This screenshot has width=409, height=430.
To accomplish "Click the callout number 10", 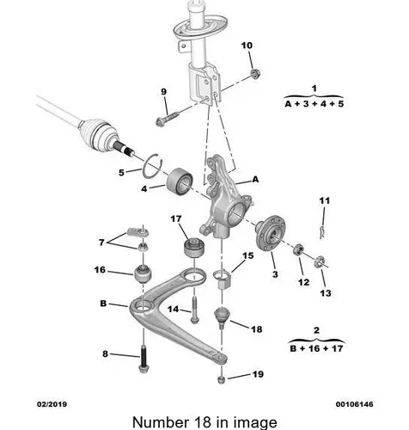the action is click(247, 46).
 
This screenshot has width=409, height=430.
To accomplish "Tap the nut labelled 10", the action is click(254, 73).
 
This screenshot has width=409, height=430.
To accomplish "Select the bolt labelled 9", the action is click(167, 119).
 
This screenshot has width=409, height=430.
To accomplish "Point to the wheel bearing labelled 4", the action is click(180, 181).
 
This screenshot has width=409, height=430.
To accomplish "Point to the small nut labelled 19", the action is click(222, 379).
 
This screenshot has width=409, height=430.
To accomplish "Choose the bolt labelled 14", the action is click(194, 310).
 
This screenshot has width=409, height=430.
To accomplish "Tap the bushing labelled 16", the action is click(143, 274).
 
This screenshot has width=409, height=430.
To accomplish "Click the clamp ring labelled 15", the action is click(223, 279).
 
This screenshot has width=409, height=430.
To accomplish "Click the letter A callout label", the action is click(255, 180).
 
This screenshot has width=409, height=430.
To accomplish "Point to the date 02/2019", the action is click(52, 404).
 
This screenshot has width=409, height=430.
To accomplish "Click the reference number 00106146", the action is click(355, 404).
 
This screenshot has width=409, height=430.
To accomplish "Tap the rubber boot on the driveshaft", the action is click(95, 134).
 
